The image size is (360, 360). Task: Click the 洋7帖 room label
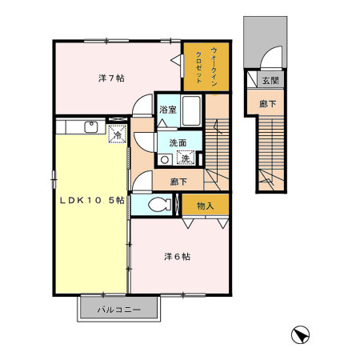click(x=110, y=78)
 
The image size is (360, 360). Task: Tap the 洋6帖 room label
click(x=177, y=257)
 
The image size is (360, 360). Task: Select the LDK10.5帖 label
click(x=90, y=200)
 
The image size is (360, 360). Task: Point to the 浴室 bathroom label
click(x=167, y=110)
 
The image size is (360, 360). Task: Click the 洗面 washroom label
click(x=177, y=143)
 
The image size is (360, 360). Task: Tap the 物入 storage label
click(x=205, y=206)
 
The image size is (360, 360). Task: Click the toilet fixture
click(x=157, y=205)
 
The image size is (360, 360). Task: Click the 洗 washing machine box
click(x=184, y=158)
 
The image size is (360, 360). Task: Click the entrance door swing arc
click(x=272, y=59)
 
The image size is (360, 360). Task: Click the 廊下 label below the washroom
click(x=179, y=182)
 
